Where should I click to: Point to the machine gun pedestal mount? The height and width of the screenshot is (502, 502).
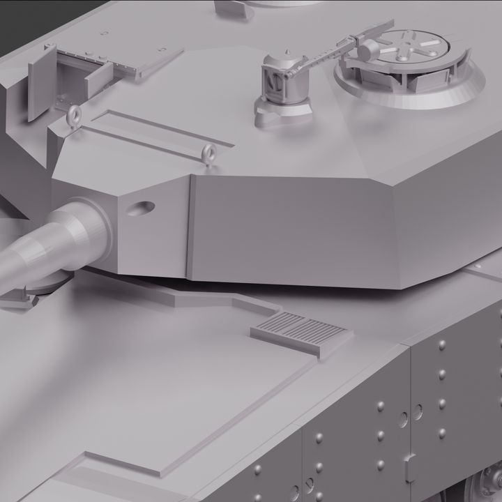(x=282, y=87)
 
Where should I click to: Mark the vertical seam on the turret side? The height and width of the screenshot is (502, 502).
(x=190, y=226)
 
